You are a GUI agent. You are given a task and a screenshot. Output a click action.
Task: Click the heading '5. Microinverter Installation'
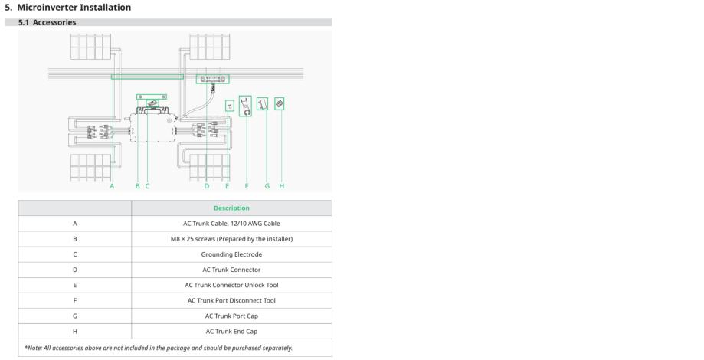click(x=68, y=7)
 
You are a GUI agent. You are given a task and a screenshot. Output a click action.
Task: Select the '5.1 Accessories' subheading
click(x=47, y=22)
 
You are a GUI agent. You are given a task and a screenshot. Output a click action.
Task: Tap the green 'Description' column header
click(x=231, y=208)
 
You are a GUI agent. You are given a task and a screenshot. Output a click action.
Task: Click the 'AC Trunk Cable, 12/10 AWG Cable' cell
click(x=231, y=223)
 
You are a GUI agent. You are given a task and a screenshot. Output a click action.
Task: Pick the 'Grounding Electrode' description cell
click(x=231, y=254)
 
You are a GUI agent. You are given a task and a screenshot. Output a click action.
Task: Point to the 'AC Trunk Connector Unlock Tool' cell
click(x=231, y=285)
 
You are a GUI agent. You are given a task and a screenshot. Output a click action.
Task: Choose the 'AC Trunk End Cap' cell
click(x=231, y=331)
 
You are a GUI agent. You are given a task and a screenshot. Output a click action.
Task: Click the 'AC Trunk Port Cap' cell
click(x=231, y=316)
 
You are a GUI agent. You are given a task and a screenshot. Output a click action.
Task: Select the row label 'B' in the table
click(x=75, y=239)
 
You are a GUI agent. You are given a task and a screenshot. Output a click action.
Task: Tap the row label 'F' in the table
click(x=75, y=300)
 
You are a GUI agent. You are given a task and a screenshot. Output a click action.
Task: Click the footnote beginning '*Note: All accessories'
click(x=159, y=348)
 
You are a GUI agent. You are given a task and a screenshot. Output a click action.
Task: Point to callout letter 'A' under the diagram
click(x=112, y=186)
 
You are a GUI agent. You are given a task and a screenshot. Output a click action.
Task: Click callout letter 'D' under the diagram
click(x=207, y=186)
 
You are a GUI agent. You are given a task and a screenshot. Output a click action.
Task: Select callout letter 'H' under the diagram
click(x=281, y=186)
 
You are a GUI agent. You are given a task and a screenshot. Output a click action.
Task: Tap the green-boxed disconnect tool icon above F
click(x=245, y=106)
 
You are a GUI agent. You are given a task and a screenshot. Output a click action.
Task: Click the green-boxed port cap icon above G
click(x=262, y=103)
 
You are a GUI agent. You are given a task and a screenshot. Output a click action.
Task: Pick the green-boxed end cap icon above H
click(x=280, y=103)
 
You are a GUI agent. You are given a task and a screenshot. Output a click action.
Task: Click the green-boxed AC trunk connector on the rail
click(x=213, y=79)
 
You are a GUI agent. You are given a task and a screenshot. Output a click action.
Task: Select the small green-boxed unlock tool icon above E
click(x=229, y=106)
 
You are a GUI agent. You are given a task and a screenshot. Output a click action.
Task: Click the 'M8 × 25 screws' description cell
click(x=231, y=239)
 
